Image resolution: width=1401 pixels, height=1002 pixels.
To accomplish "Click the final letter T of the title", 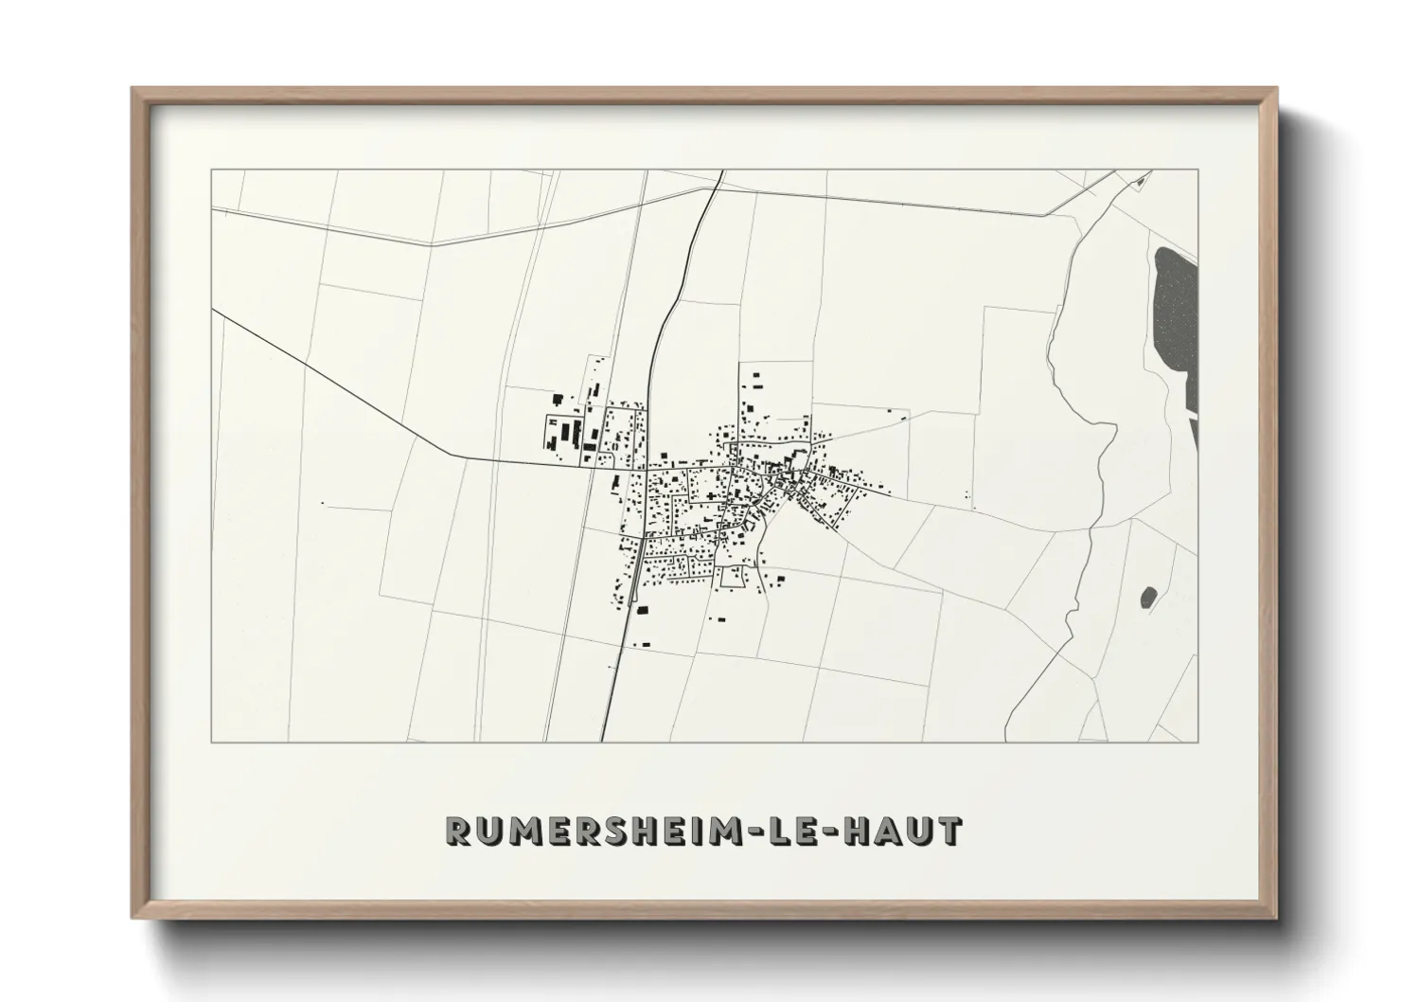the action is coord(950,831).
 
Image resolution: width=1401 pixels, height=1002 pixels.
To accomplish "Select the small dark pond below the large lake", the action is coord(1149,597).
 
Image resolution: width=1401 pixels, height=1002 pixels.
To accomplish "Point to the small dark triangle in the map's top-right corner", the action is coord(1145,177).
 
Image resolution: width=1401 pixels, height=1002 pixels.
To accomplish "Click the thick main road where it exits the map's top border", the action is coord(722,171).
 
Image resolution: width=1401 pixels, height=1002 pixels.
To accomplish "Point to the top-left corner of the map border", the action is coord(212,170).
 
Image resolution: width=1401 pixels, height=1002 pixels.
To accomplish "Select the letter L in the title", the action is coord(781,831).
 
